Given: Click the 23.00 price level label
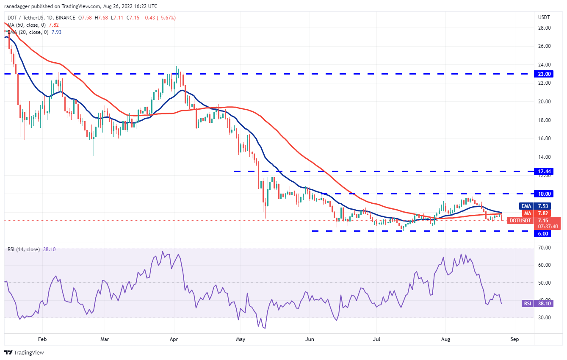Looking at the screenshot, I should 544,74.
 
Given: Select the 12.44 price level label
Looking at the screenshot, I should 544,171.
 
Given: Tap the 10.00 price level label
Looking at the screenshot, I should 544,194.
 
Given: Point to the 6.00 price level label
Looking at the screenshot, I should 544,233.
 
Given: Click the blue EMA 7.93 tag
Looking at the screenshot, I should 540,206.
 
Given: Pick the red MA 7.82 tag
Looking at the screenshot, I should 540,213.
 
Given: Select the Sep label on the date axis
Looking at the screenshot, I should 514,339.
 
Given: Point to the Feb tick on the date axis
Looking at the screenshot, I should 42,339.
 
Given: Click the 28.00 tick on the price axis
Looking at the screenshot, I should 544,28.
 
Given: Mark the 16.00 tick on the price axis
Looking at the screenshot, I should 544,138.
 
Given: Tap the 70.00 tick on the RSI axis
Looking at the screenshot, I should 544,247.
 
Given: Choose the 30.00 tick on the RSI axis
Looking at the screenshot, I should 544,318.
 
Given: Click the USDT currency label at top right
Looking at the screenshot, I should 544,17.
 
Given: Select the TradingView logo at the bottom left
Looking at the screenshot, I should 24,352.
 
